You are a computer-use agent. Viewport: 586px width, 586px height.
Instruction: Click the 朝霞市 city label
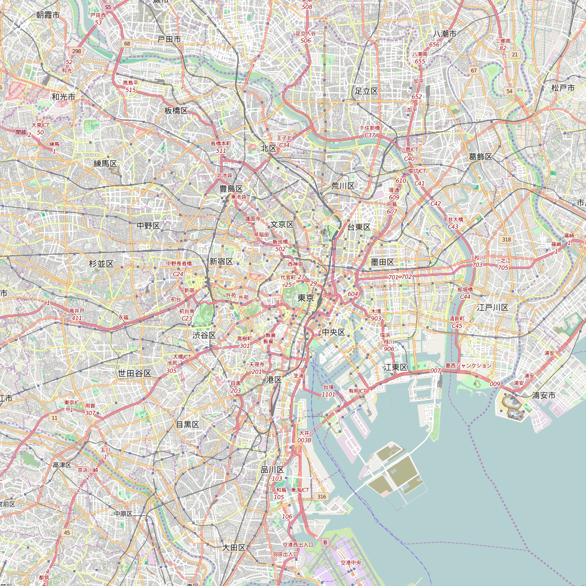pos(47,15)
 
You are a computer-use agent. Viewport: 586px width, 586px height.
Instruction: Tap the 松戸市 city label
pos(563,88)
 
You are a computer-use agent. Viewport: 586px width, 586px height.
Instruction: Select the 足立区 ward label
pos(366,91)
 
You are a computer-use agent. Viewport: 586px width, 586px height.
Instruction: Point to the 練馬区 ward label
pos(105,164)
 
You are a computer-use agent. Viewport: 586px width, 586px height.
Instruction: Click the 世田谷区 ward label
pos(134,373)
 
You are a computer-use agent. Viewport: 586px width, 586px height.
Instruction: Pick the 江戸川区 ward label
pos(493,307)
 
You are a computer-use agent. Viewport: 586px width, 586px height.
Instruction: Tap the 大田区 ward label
pos(234,547)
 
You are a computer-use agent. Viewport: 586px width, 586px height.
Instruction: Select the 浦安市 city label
pos(544,395)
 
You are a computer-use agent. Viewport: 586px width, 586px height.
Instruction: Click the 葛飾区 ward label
pos(481,156)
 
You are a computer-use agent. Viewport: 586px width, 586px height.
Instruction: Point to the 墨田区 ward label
pos(383,262)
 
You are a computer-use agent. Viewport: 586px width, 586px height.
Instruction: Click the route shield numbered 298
pos(77,52)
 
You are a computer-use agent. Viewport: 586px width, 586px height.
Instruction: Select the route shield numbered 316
pos(322,496)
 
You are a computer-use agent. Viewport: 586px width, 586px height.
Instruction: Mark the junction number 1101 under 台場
pos(328,394)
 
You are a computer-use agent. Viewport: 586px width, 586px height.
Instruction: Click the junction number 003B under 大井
pos(304,440)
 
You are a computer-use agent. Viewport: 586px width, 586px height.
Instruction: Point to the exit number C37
pos(370,135)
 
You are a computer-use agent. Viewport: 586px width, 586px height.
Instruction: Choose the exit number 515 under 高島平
pos(130,90)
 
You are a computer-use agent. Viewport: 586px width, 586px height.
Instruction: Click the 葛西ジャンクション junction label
pos(468,365)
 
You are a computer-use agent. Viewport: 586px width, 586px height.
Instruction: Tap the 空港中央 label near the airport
pos(351,563)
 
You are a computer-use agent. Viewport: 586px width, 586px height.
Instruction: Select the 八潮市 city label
pos(445,34)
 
